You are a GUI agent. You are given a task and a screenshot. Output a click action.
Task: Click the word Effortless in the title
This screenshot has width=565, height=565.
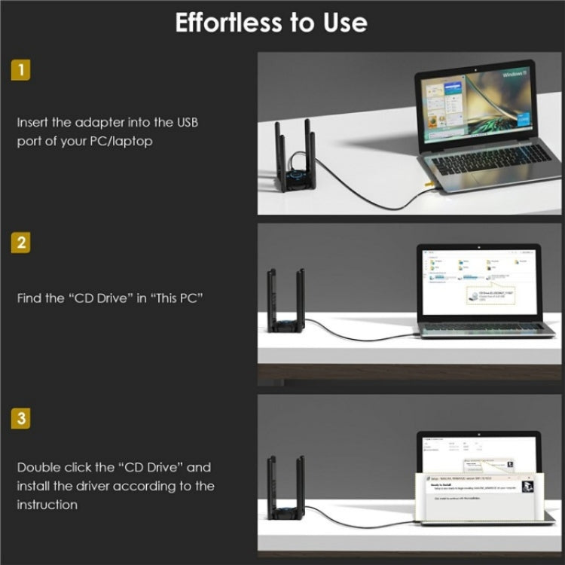(222, 23)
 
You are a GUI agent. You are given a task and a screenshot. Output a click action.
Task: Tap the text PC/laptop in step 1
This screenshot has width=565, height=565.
(117, 141)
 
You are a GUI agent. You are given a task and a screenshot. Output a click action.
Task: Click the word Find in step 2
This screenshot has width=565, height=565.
(30, 298)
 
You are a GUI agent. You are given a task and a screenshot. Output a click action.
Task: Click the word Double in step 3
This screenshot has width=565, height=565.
(38, 467)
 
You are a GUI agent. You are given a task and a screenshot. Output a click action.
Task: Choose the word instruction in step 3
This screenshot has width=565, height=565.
(47, 505)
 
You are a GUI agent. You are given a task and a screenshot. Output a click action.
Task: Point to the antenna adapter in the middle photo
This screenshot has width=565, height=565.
(288, 305)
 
